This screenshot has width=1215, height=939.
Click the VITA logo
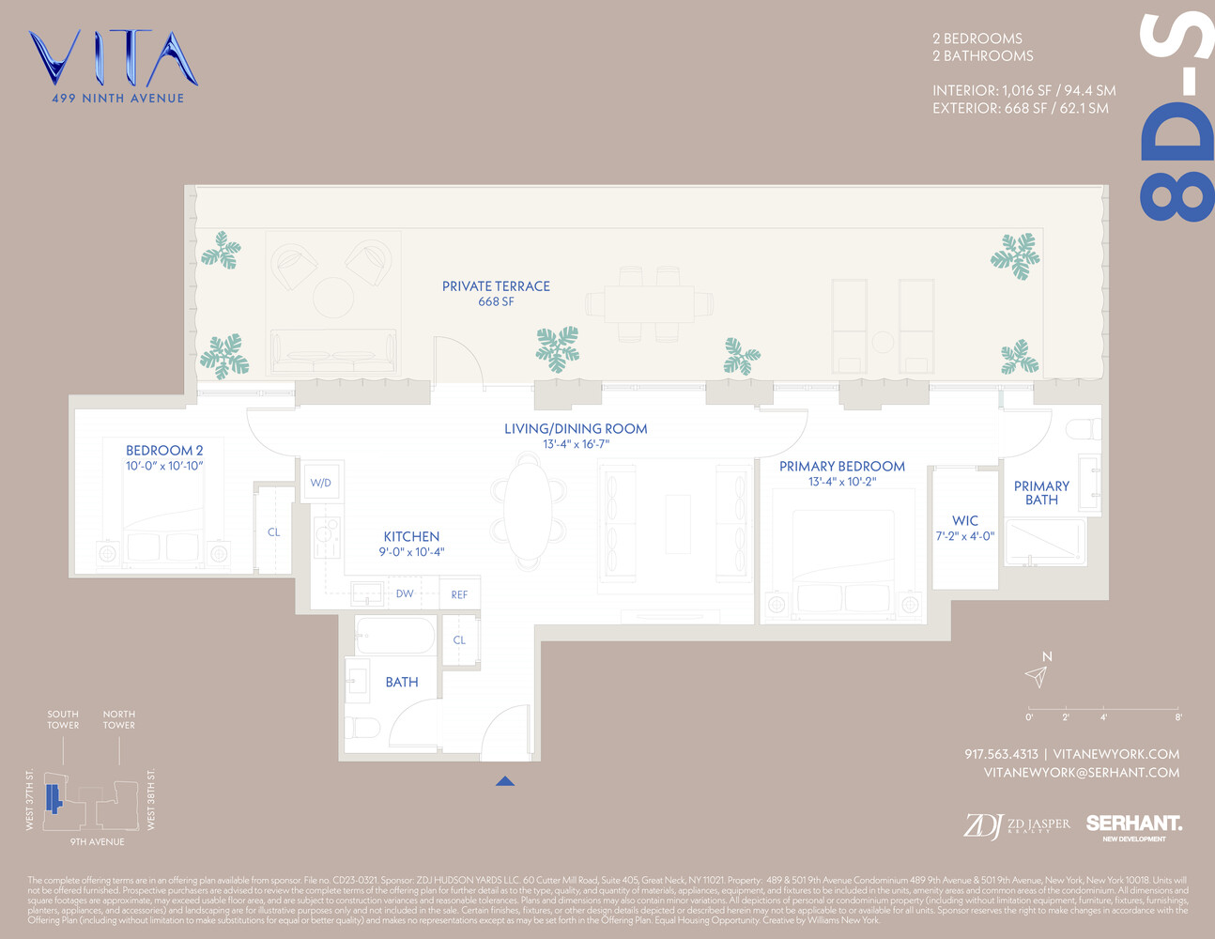[113, 59]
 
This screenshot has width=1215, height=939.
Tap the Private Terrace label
[496, 286]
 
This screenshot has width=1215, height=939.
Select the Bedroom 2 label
[164, 451]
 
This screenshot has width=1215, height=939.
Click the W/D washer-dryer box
[321, 483]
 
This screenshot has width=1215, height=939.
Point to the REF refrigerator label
[459, 594]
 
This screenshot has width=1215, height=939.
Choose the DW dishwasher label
[405, 593]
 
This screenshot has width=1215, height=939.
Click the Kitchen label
[411, 536]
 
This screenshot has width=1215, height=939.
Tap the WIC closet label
[965, 520]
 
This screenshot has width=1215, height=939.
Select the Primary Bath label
[1041, 493]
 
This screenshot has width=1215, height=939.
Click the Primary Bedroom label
[842, 467]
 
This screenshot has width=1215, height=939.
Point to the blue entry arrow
[505, 780]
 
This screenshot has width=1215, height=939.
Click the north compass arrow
[1037, 676]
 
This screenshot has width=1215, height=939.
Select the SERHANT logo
[1133, 824]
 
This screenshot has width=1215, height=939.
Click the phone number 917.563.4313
[1001, 754]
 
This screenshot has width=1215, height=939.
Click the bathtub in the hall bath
[395, 636]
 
